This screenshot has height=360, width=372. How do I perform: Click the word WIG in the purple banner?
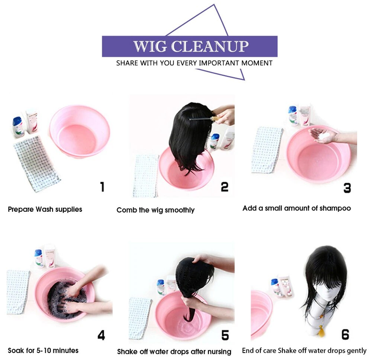(150, 46)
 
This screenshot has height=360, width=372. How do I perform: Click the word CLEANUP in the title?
(210, 46)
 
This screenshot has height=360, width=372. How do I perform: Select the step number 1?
(102, 187)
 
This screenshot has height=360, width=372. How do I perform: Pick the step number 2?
(225, 187)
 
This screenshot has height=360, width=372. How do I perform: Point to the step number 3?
(347, 188)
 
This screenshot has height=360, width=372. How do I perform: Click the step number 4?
(101, 335)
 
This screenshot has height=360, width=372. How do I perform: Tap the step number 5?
(225, 335)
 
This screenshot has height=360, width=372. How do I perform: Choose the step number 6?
(345, 334)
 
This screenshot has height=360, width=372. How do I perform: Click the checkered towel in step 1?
(36, 164)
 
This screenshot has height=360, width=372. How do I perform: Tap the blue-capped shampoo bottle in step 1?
(18, 127)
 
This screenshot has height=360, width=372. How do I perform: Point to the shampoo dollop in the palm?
(324, 136)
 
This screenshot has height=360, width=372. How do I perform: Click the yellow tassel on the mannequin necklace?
(321, 331)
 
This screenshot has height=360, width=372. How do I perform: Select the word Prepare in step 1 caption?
(21, 209)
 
